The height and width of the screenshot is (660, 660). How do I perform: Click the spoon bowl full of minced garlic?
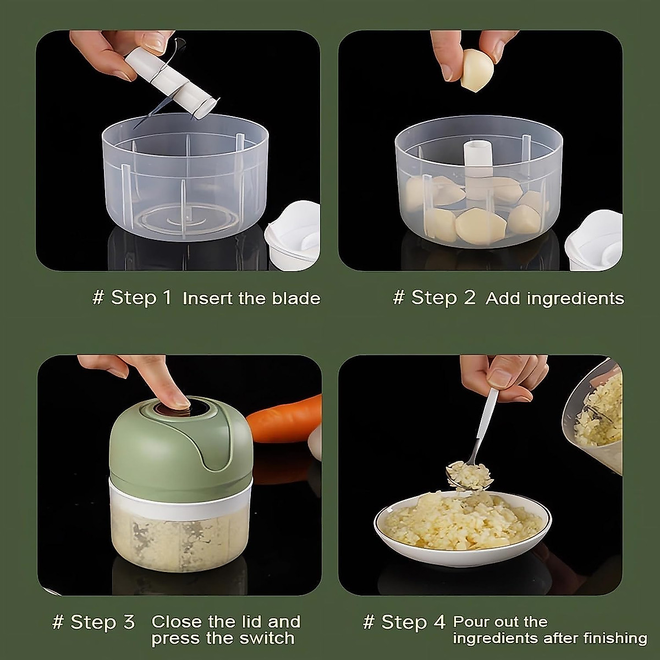pyautogui.click(x=469, y=476)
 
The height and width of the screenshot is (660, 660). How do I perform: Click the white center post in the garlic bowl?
pyautogui.click(x=477, y=165)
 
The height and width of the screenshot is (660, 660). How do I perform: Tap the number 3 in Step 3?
pyautogui.click(x=128, y=622)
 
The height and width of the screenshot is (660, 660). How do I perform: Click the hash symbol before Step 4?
pyautogui.click(x=369, y=622)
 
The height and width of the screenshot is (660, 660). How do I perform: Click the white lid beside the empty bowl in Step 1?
pyautogui.click(x=294, y=237)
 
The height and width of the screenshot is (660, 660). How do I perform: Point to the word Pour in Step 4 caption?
pyautogui.click(x=471, y=622)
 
